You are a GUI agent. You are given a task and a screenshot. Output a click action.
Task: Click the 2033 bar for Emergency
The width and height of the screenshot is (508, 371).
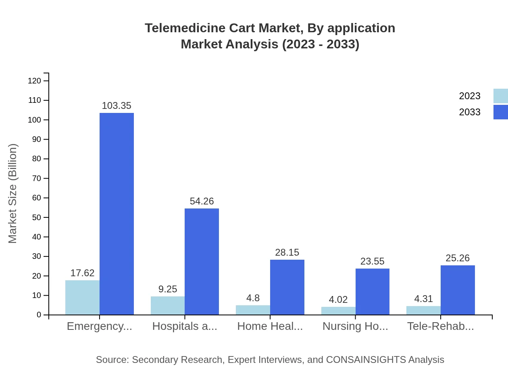(x=117, y=214)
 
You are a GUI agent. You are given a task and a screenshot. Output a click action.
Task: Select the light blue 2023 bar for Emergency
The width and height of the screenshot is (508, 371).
(x=82, y=298)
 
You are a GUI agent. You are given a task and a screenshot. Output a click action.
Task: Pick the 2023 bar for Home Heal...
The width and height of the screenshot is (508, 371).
(x=253, y=310)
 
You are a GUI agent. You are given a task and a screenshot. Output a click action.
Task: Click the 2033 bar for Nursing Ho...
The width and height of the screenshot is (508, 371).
(x=372, y=292)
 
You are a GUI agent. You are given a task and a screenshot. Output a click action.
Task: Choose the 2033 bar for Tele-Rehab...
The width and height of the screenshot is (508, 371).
(x=458, y=290)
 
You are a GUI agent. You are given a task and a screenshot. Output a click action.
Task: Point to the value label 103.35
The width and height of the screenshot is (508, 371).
(x=117, y=106)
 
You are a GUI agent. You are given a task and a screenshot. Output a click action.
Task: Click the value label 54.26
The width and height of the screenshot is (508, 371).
(x=202, y=201)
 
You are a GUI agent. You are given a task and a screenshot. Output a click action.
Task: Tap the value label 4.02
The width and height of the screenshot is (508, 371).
(x=338, y=300)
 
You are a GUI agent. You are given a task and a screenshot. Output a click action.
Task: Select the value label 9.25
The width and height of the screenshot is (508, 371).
(x=167, y=289)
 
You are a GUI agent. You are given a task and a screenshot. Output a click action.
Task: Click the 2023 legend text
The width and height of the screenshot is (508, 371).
(x=469, y=96)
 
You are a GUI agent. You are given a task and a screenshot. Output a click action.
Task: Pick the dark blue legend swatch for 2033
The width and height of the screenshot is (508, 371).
(x=500, y=112)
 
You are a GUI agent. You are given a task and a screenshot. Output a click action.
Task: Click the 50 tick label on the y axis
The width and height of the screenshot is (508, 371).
(x=37, y=217)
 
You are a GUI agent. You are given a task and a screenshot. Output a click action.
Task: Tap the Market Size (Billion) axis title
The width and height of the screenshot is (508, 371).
(x=13, y=194)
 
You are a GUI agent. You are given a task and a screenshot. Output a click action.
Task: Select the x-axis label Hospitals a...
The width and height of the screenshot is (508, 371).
(x=185, y=326)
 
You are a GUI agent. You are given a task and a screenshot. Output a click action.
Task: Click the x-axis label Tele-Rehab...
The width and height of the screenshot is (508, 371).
(x=440, y=326)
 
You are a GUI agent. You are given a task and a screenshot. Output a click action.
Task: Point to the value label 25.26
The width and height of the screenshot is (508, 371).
(x=458, y=258)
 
